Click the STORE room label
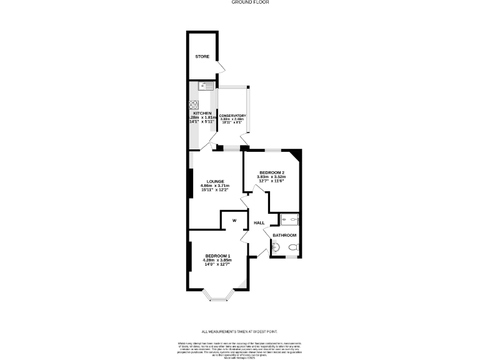pos(202,57)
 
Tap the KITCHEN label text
pos(202,113)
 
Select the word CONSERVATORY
pos(232,116)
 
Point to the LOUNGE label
pos(214,182)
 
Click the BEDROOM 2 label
pos(272,172)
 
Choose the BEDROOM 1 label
pos(218,256)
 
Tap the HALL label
pos(259,222)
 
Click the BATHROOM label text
pos(284,235)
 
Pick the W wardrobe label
pos(234,221)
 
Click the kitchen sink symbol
pos(207,86)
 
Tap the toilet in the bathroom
pos(292,247)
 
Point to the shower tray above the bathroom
pos(289,219)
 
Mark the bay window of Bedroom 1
pos(219,296)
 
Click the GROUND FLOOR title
pos(240,3)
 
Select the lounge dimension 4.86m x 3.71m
pos(214,186)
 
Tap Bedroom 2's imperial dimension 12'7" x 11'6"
pos(272,181)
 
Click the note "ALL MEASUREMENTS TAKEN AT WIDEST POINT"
pos(240,331)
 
